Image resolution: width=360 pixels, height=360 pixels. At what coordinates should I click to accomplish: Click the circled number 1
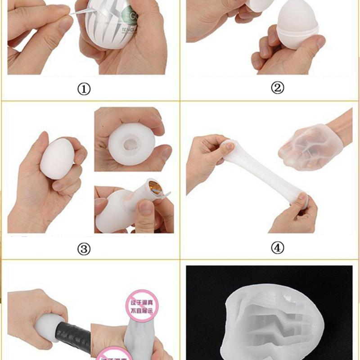pos(84,89)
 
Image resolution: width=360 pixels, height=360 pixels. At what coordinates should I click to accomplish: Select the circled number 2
pos(278,88)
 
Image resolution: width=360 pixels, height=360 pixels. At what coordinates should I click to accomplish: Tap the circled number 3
pos(84,248)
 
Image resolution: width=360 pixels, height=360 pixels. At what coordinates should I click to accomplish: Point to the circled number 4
pos(278,247)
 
